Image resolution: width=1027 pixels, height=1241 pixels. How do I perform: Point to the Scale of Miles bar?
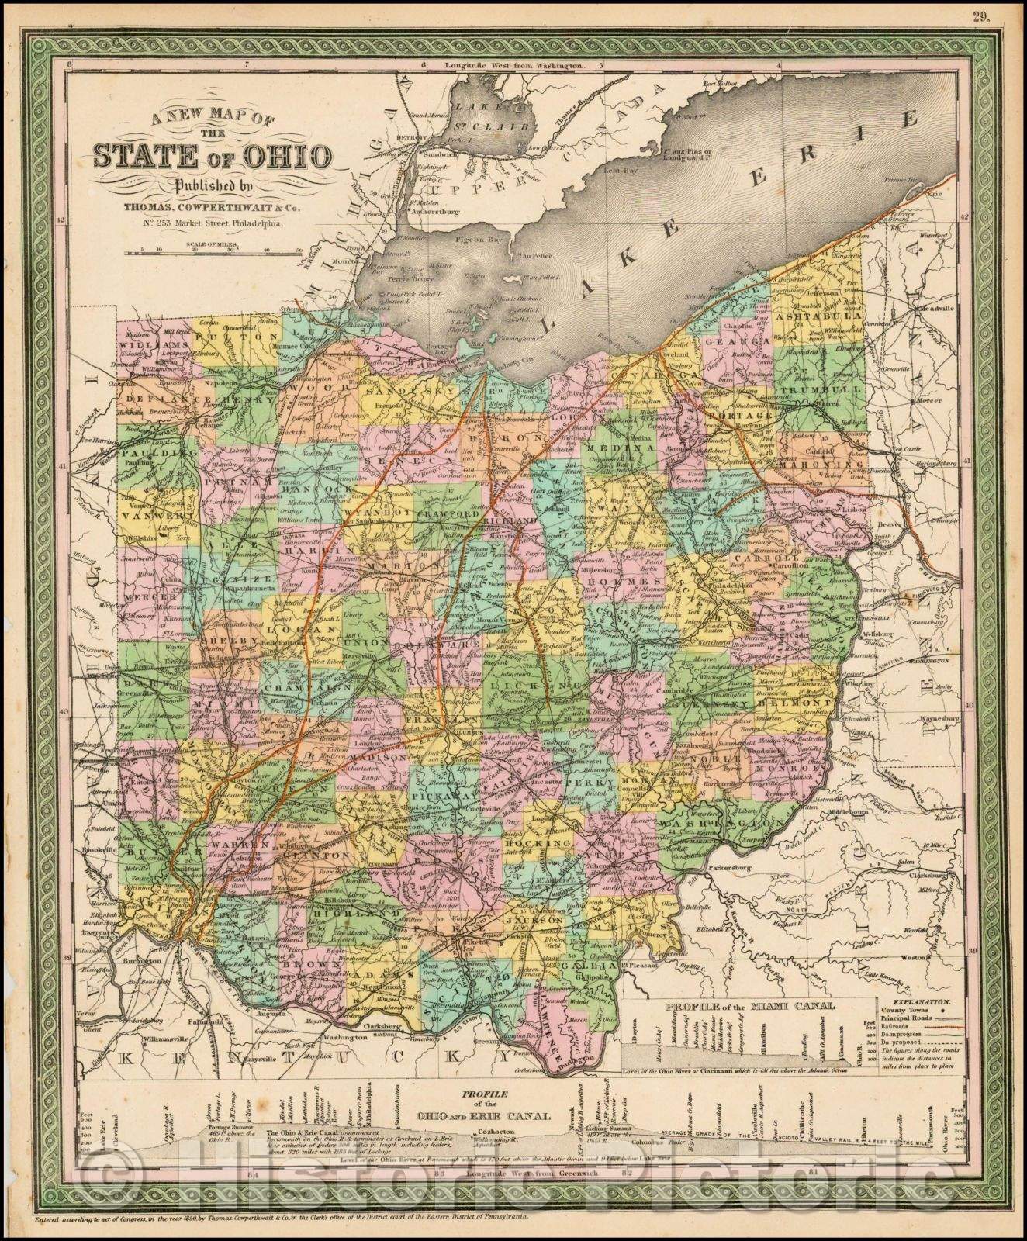[x=216, y=250]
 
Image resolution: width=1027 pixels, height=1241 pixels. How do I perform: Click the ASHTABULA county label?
[x=824, y=316]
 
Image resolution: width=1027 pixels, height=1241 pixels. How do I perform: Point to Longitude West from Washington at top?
[x=513, y=67]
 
